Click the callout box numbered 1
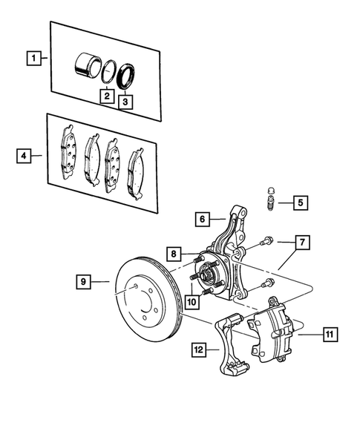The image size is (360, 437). tap(32, 56)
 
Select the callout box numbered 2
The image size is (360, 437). tap(107, 96)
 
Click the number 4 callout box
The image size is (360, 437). tap(25, 156)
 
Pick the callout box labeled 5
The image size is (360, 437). tap(299, 202)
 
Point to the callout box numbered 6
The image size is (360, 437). tap(201, 219)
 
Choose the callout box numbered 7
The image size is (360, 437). tap(302, 242)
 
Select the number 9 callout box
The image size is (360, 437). tap(85, 281)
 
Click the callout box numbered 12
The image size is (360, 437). tap(198, 348)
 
